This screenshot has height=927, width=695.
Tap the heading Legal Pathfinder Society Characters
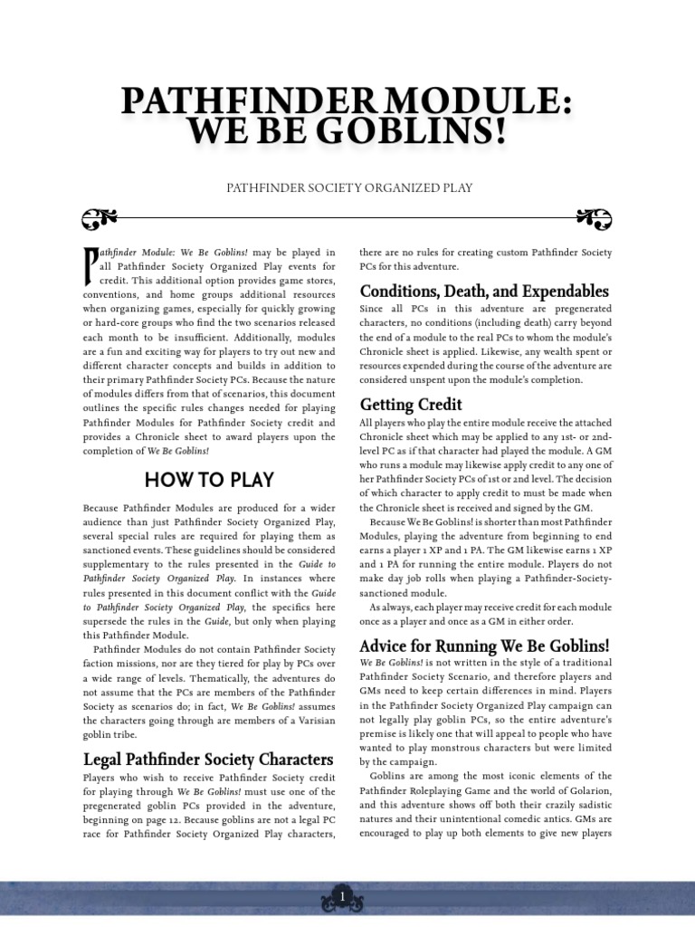pos(208,759)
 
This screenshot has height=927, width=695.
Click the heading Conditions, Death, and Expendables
pos(484,291)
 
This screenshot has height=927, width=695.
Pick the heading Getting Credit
pos(411,404)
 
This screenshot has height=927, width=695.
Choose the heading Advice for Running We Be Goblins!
pos(484,645)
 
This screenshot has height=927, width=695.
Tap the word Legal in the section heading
pos(102,759)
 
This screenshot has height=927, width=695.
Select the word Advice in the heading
pos(384,645)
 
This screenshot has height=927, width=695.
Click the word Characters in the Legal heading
pos(290,759)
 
